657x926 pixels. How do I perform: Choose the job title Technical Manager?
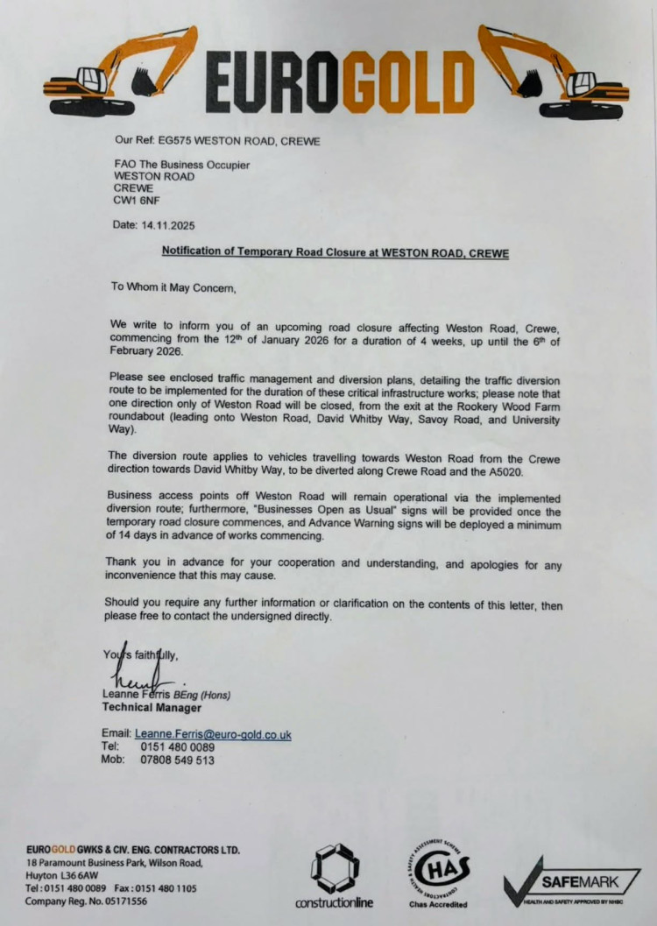tap(152, 707)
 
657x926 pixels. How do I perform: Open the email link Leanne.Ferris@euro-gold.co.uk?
tap(213, 734)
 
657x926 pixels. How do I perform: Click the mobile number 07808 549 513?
tap(177, 760)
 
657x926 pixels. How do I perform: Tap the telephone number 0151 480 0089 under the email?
tap(177, 746)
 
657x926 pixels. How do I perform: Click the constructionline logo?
tap(335, 876)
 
